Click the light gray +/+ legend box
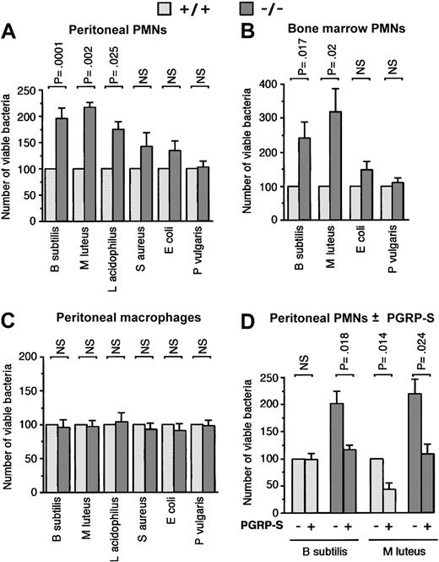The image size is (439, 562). click(x=167, y=9)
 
